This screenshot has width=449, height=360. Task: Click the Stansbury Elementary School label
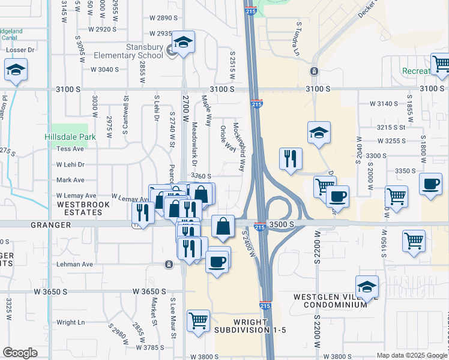128,52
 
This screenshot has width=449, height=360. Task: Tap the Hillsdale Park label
70,137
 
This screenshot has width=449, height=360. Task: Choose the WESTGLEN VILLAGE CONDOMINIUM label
330,301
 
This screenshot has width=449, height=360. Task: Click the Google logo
20,353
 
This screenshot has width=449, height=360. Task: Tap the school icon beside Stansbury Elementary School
183,43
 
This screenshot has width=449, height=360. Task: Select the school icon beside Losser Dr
16,71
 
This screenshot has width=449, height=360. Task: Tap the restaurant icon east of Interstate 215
291,158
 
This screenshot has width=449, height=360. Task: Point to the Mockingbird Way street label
238,146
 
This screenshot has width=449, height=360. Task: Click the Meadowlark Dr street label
194,145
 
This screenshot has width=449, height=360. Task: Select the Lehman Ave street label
74,264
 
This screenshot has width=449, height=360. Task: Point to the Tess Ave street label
70,149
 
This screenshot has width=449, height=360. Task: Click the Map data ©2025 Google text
412,355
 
